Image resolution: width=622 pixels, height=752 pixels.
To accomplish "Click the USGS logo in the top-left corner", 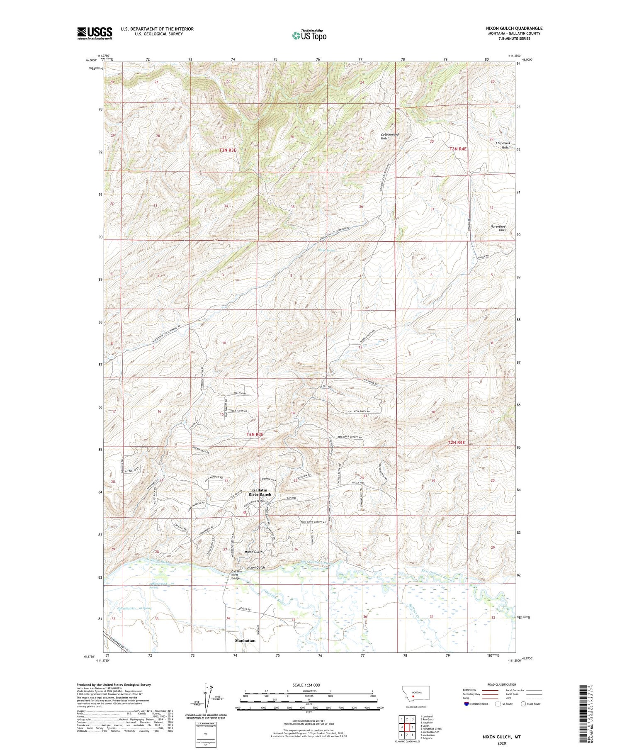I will [94, 33].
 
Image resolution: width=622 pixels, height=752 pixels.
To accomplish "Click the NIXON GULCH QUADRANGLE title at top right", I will [514, 28].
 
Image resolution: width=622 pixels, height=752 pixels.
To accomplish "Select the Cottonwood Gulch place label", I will [390, 136].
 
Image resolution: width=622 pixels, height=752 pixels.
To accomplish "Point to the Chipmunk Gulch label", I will [503, 145].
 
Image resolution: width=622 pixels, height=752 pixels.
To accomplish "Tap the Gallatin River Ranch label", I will [260, 492].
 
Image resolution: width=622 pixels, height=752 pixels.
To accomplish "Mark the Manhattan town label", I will [245, 640].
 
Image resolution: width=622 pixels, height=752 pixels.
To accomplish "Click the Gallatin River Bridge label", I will [236, 574].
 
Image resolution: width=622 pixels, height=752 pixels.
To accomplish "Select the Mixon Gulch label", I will [254, 552].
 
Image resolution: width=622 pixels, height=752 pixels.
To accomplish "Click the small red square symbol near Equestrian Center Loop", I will [245, 512].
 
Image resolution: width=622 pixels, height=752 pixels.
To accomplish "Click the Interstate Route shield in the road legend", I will [466, 703].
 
